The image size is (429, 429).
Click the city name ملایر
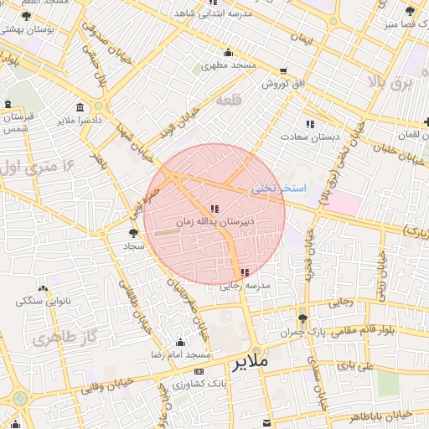249,363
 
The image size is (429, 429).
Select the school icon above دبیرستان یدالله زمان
214,208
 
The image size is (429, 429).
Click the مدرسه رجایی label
241,286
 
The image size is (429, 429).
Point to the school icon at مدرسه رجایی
244,272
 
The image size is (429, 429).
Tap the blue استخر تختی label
280,189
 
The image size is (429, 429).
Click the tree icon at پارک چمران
302,318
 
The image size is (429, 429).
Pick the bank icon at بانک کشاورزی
199,370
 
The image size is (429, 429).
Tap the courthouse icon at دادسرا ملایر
80,108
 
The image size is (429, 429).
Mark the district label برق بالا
390,83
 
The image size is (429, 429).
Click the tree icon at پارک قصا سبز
410,11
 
